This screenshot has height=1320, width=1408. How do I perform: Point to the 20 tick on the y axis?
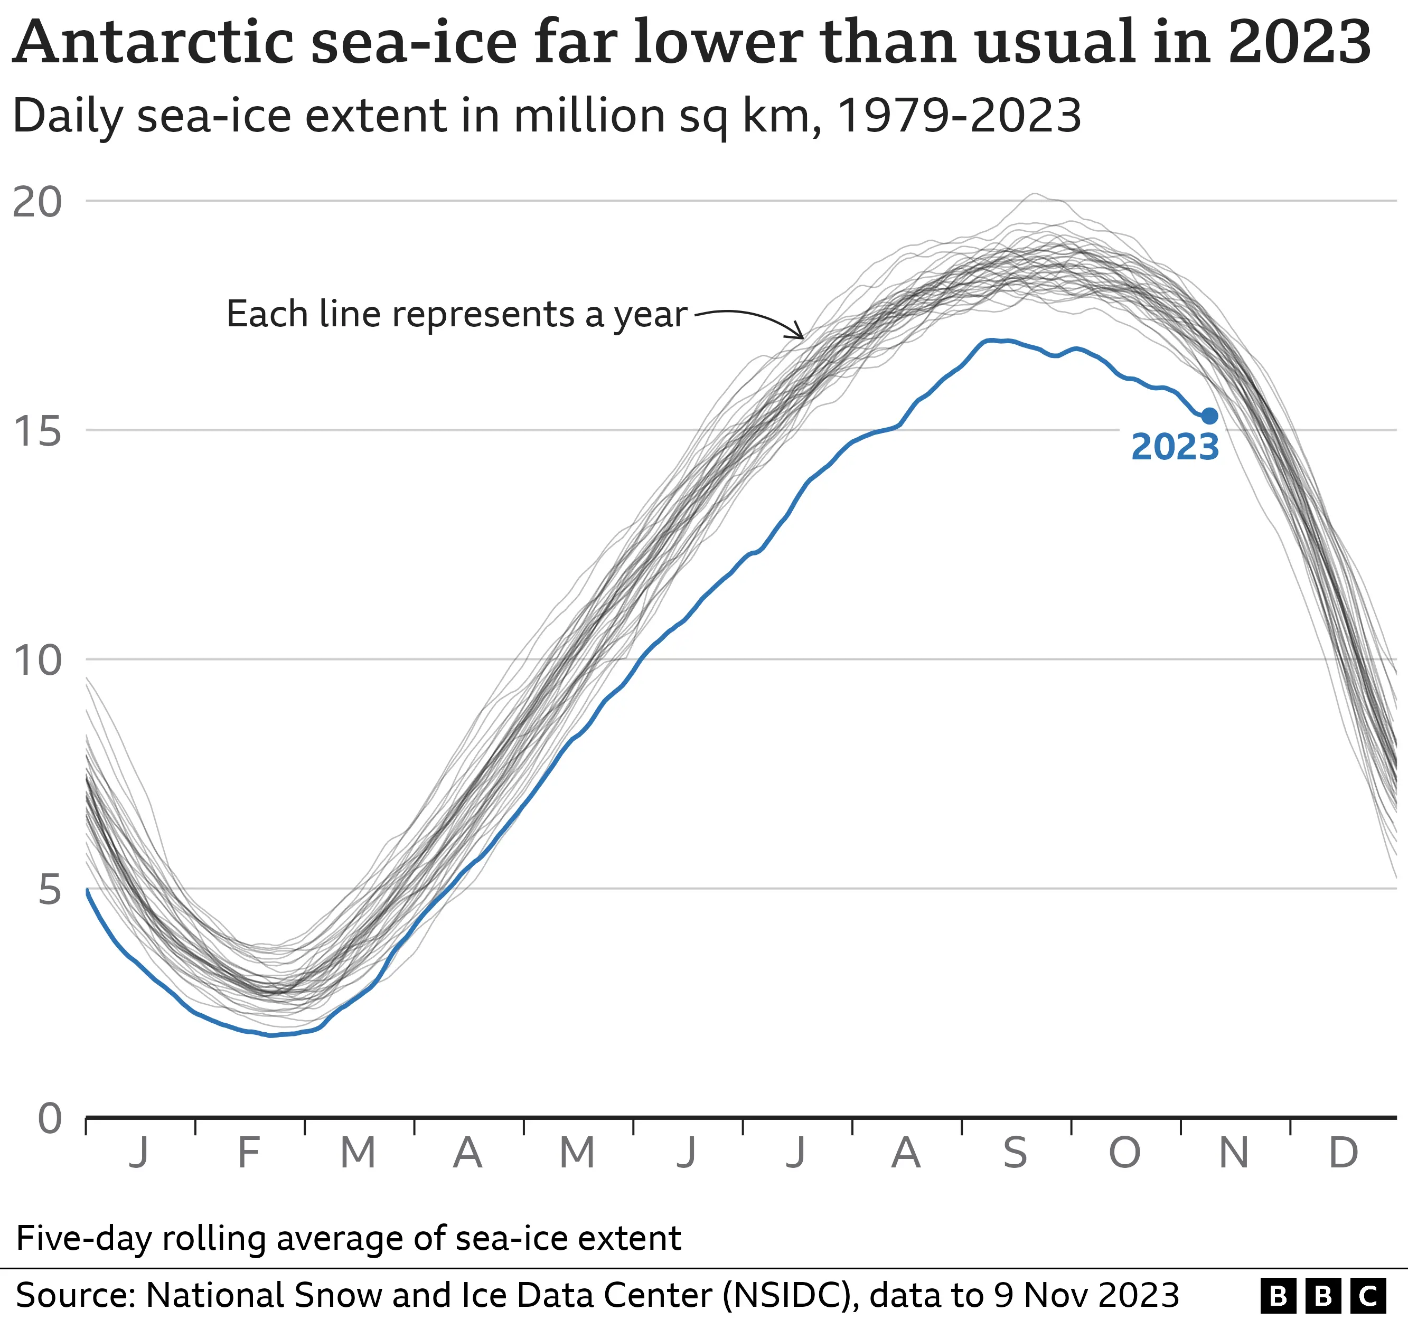tap(37, 203)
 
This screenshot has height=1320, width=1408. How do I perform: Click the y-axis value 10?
tap(37, 661)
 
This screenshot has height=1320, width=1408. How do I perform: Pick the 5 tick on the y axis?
tap(50, 890)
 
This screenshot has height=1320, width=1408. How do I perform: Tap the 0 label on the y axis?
tap(50, 1119)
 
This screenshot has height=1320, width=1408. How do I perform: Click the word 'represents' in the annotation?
tap(483, 315)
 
